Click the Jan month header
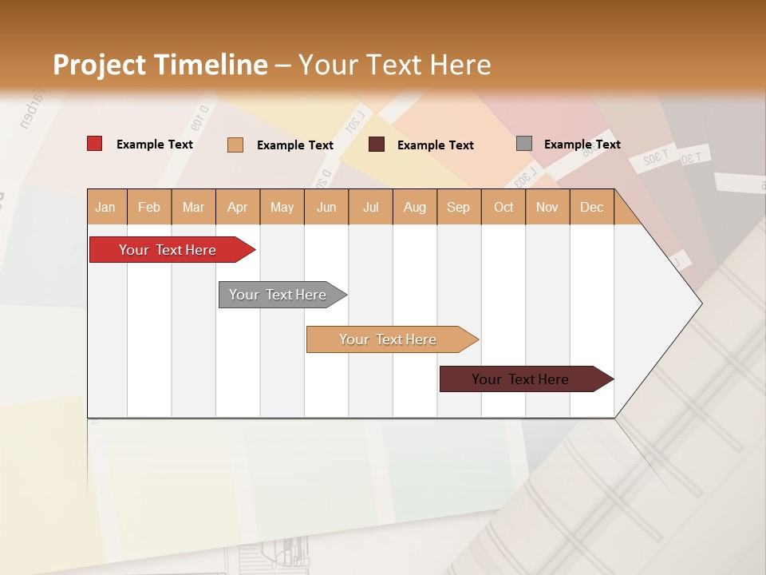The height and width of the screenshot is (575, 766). pyautogui.click(x=106, y=208)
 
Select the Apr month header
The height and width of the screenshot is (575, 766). pyautogui.click(x=238, y=208)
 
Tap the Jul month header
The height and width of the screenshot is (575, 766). pyautogui.click(x=370, y=208)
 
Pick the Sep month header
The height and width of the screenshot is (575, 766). pyautogui.click(x=459, y=208)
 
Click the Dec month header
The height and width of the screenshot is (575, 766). pyautogui.click(x=591, y=208)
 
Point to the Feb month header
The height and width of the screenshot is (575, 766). pyautogui.click(x=149, y=208)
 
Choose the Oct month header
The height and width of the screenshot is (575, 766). pyautogui.click(x=503, y=208)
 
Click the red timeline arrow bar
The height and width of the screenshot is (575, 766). pyautogui.click(x=168, y=250)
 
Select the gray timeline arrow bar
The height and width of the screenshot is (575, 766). pyautogui.click(x=278, y=295)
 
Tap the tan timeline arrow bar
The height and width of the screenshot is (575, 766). pyautogui.click(x=388, y=339)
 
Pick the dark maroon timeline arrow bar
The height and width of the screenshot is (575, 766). pyautogui.click(x=520, y=379)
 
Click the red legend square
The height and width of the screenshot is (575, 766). pyautogui.click(x=95, y=144)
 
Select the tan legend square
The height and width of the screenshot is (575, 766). pyautogui.click(x=235, y=145)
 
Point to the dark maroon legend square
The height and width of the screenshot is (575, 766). pyautogui.click(x=377, y=145)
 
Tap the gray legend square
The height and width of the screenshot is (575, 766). pyautogui.click(x=524, y=144)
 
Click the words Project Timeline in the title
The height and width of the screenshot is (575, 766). pyautogui.click(x=160, y=65)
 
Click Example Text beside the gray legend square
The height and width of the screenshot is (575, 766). pyautogui.click(x=582, y=145)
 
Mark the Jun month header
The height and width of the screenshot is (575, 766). pyautogui.click(x=326, y=208)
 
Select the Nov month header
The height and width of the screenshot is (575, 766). pyautogui.click(x=547, y=208)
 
